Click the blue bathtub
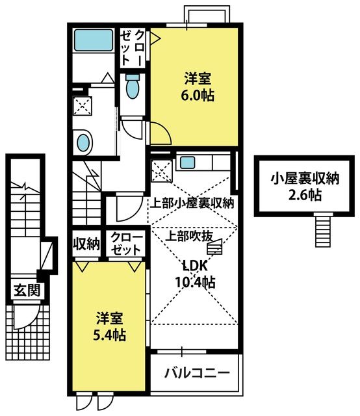(x=93, y=40)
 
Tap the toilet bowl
(x=133, y=86)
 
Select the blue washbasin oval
(x=83, y=143)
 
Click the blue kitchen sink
(x=187, y=162)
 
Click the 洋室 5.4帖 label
(x=109, y=326)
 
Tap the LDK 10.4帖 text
(x=195, y=274)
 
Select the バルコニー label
(x=197, y=373)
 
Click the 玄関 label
(x=27, y=290)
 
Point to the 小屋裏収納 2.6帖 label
(x=305, y=187)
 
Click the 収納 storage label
(x=86, y=243)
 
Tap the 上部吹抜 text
(x=189, y=235)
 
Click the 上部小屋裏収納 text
(x=192, y=203)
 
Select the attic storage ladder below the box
(x=323, y=230)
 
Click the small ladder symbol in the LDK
(x=214, y=247)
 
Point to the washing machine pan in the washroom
(x=83, y=106)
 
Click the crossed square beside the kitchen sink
(x=162, y=171)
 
